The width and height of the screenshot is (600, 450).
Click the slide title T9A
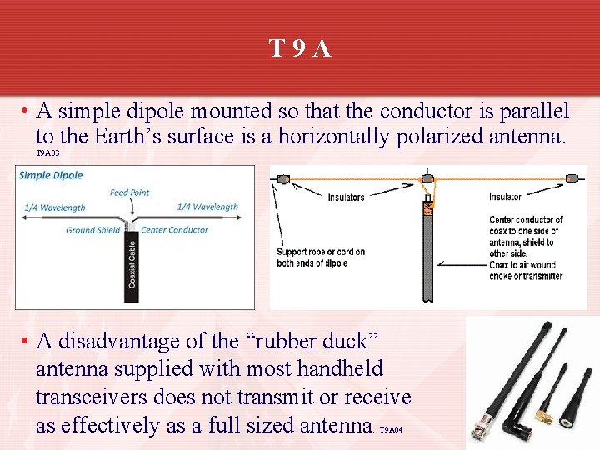pos(300,49)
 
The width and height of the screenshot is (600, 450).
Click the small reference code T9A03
pos(47,154)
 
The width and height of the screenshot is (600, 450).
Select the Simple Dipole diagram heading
pos(51,175)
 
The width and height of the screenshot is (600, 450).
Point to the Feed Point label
pos(129,192)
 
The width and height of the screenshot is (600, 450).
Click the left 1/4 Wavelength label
pos(55,207)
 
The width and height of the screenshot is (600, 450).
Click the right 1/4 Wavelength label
pos(207,207)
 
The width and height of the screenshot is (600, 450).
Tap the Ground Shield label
pos(92,230)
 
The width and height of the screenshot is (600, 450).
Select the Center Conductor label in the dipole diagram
pos(175,230)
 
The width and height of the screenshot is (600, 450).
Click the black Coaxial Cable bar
pos(132,260)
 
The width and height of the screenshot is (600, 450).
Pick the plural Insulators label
pos(346,197)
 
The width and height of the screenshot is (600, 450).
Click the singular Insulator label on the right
pos(505,197)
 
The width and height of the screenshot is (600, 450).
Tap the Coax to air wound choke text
pos(525,271)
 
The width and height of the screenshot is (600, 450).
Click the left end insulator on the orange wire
pos(282,178)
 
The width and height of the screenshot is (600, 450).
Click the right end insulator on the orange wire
pos(572,178)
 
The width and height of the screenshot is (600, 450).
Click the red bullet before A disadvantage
pos(27,340)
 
